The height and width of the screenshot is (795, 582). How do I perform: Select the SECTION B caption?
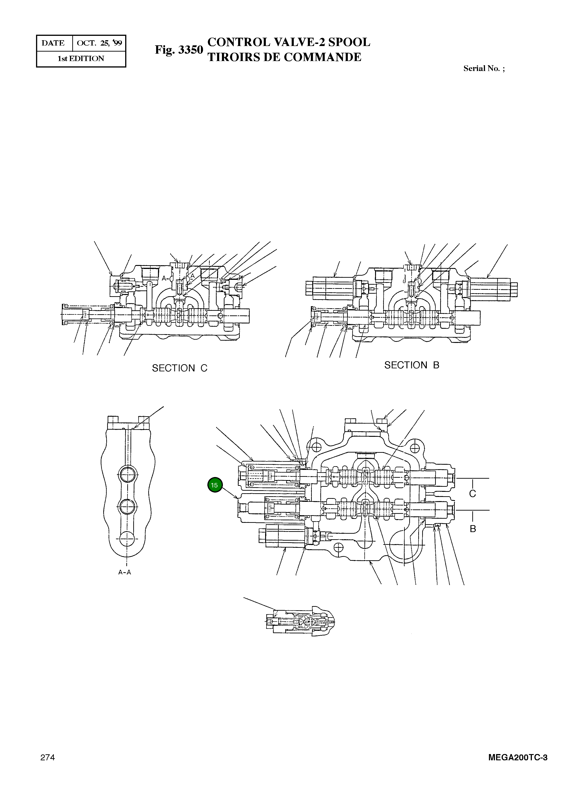pyautogui.click(x=412, y=365)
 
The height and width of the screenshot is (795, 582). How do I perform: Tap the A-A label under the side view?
pyautogui.click(x=125, y=573)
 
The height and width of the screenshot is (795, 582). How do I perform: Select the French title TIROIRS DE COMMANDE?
pyautogui.click(x=284, y=57)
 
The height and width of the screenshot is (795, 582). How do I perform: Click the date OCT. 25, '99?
pyautogui.click(x=99, y=43)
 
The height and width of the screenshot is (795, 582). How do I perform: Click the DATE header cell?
pyautogui.click(x=53, y=43)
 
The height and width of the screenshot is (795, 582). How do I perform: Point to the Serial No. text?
pyautogui.click(x=484, y=68)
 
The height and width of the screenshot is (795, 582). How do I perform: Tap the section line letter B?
pyautogui.click(x=473, y=529)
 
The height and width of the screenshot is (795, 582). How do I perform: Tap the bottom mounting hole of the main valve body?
pyautogui.click(x=338, y=547)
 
